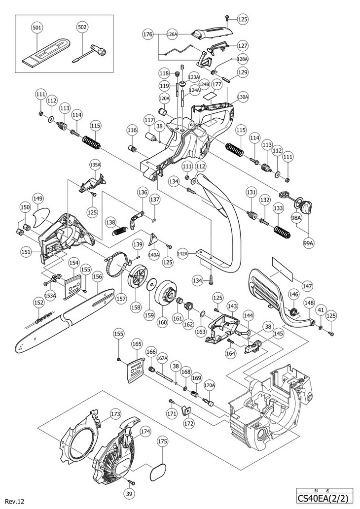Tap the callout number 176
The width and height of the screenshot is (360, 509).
pyautogui.click(x=147, y=34)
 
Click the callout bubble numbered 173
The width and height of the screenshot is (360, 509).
pyautogui.click(x=116, y=413)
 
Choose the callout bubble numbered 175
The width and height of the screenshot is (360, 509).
pyautogui.click(x=163, y=442)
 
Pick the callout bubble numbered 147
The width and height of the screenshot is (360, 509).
pyautogui.click(x=307, y=286)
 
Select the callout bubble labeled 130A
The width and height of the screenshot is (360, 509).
pyautogui.click(x=243, y=96)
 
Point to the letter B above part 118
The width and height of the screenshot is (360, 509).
pyautogui.click(x=182, y=67)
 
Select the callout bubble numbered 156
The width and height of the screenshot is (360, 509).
pyautogui.click(x=97, y=277)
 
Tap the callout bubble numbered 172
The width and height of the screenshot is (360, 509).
pyautogui.click(x=189, y=423)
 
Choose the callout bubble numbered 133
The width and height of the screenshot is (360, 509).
pyautogui.click(x=278, y=208)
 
